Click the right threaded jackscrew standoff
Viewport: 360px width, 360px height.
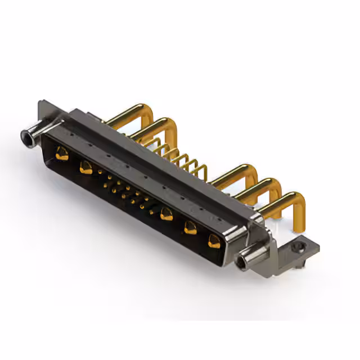(250, 259)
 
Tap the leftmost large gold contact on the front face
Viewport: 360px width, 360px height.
(62, 154)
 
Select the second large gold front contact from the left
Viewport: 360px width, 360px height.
(85, 167)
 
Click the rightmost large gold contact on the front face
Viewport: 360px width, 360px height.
(214, 241)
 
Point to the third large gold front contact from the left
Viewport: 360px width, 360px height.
(166, 214)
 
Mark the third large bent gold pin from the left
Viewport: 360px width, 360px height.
(236, 174)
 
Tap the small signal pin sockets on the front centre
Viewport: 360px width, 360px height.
(127, 191)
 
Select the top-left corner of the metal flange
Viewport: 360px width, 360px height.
(41, 104)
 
